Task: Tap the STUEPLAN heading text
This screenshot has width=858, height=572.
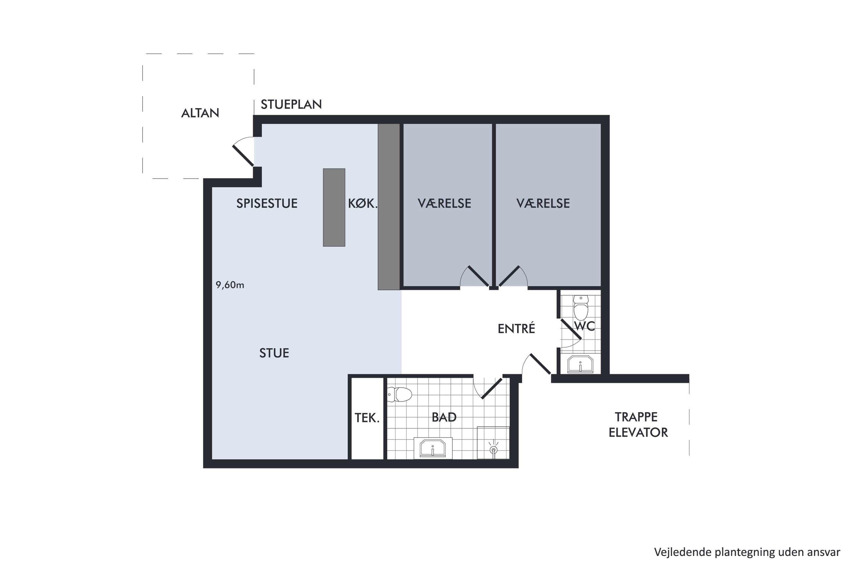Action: [x=291, y=104]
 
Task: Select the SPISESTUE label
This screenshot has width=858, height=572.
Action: [x=267, y=203]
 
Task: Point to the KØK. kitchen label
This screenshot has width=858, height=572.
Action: [x=362, y=203]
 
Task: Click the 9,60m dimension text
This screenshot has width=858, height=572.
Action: [x=230, y=285]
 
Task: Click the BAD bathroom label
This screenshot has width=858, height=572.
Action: [x=444, y=417]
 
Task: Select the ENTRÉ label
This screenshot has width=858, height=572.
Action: [x=516, y=328]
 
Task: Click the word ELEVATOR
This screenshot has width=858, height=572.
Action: [x=638, y=432]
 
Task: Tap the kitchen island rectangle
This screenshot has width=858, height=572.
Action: [x=334, y=207]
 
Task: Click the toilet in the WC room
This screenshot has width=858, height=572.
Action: [x=581, y=307]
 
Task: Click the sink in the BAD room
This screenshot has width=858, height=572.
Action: [x=433, y=448]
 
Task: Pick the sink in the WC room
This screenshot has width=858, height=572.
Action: [x=580, y=364]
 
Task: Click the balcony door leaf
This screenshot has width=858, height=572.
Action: [x=243, y=155]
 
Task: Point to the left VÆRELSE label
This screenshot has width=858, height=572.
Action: [x=444, y=203]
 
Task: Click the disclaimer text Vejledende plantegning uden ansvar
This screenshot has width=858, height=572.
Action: [x=747, y=552]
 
